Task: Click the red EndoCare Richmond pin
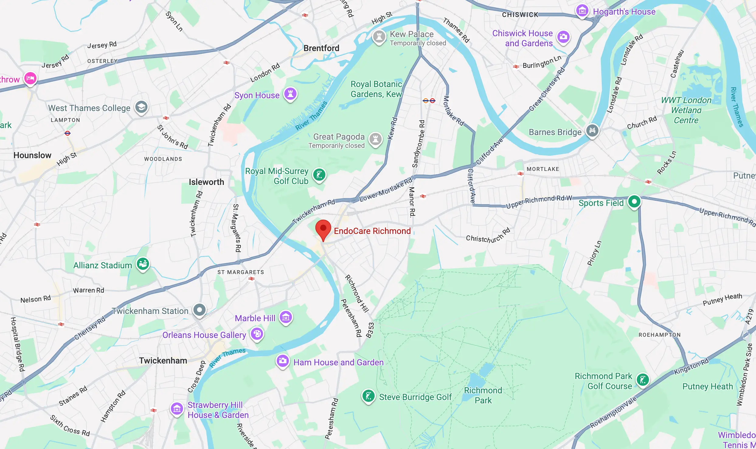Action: pyautogui.click(x=323, y=229)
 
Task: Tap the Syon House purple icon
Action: pyautogui.click(x=290, y=94)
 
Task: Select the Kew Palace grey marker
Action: pyautogui.click(x=379, y=37)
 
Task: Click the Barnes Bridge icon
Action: pyautogui.click(x=592, y=131)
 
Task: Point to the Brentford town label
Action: pyautogui.click(x=321, y=48)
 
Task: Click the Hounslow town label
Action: pyautogui.click(x=32, y=155)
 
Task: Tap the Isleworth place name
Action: pyautogui.click(x=206, y=182)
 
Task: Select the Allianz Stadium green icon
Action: pyautogui.click(x=143, y=264)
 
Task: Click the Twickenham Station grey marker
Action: pyautogui.click(x=199, y=310)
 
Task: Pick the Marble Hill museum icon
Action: pyautogui.click(x=286, y=317)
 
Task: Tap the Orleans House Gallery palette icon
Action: pyautogui.click(x=257, y=334)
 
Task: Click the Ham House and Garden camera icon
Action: pyautogui.click(x=283, y=361)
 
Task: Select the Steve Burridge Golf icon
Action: pyautogui.click(x=368, y=396)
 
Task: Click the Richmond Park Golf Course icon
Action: pyautogui.click(x=643, y=380)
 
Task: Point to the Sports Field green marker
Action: pyautogui.click(x=634, y=202)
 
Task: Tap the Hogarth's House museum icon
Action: pyautogui.click(x=582, y=11)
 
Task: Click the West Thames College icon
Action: pyautogui.click(x=141, y=107)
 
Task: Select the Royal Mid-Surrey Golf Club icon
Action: pyautogui.click(x=319, y=175)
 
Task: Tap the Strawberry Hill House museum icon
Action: pyautogui.click(x=177, y=409)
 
